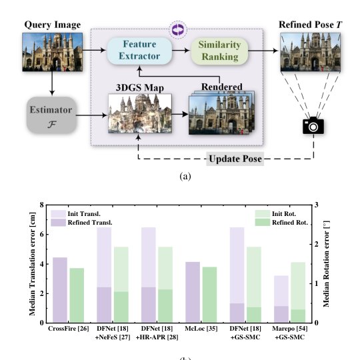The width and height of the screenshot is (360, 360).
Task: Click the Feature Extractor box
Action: tap(139, 51)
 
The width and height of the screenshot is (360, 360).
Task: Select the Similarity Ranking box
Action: tap(219, 51)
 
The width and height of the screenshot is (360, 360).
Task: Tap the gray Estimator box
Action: tap(51, 115)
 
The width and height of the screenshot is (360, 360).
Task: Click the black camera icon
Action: tap(313, 125)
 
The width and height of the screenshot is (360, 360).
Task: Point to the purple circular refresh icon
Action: tap(178, 29)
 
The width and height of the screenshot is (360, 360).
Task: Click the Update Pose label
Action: tap(235, 159)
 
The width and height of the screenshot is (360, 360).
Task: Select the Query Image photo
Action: tap(53, 52)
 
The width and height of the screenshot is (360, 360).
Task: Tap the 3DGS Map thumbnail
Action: tap(140, 113)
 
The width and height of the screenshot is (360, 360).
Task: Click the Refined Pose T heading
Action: tap(310, 25)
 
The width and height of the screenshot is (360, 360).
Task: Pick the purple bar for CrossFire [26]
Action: tap(60, 290)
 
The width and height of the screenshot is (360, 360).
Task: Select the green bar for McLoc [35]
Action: tap(209, 295)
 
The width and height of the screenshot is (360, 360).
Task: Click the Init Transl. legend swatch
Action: tap(58, 214)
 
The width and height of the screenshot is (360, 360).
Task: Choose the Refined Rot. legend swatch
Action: tap(263, 222)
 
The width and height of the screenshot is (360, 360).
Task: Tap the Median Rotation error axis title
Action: tap(326, 264)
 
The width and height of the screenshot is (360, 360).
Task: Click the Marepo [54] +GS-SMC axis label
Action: tap(290, 333)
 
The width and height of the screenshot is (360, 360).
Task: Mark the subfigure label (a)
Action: tap(185, 176)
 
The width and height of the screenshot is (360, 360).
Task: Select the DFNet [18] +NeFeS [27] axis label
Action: tap(113, 333)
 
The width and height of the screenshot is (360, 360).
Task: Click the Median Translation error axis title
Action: tap(33, 264)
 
